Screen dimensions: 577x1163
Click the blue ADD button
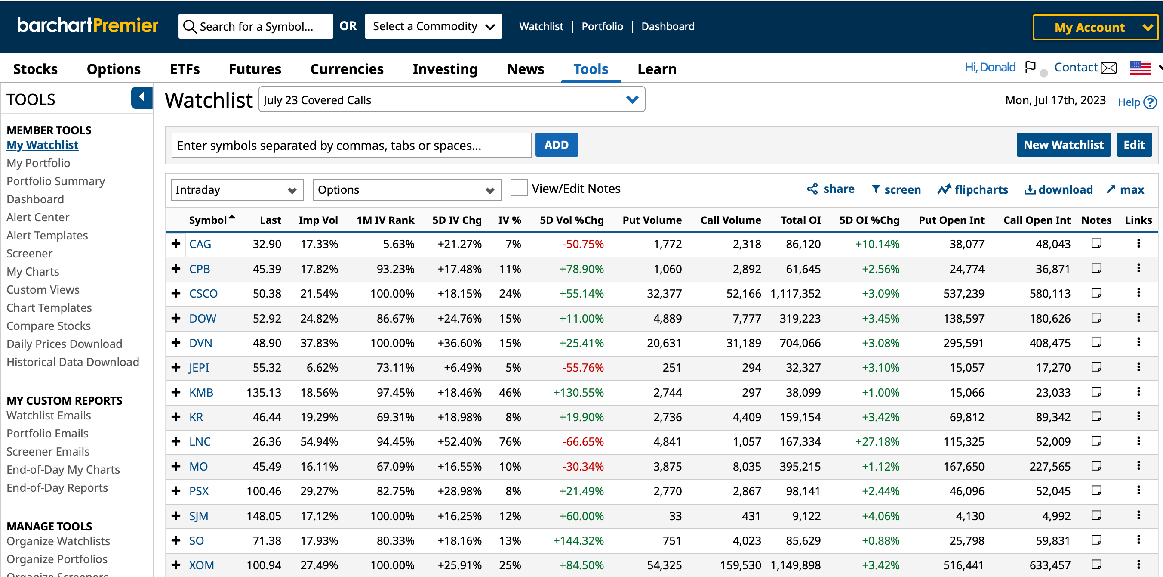[x=556, y=145]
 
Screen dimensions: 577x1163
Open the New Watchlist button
[x=1063, y=145]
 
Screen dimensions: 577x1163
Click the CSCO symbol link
[x=203, y=294]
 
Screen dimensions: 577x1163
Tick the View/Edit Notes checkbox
[x=519, y=188]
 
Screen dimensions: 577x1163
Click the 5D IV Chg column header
[x=456, y=220]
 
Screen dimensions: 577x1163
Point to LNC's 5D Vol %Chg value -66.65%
[x=582, y=442]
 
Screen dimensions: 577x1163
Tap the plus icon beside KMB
[x=176, y=392]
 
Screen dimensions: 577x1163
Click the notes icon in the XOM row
[x=1096, y=565]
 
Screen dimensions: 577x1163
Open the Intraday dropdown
[x=237, y=190]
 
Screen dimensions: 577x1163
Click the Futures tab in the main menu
[x=255, y=69]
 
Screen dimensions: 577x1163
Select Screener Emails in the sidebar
[x=48, y=451]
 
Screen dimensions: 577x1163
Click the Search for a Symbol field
[x=256, y=27]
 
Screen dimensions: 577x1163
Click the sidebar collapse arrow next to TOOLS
[x=142, y=97]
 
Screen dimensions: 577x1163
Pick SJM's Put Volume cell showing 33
[x=675, y=516]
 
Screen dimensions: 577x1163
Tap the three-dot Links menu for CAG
[x=1138, y=244]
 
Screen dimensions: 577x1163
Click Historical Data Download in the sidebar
[x=73, y=362]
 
